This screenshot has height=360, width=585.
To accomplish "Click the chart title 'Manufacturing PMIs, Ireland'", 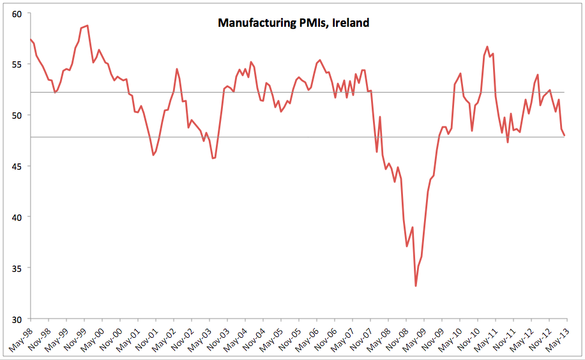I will pyautogui.click(x=293, y=23).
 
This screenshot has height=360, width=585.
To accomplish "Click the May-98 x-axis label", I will pyautogui.click(x=20, y=338).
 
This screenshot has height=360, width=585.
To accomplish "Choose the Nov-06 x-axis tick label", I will pyautogui.click(x=326, y=338).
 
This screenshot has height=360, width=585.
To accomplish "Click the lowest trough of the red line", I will pyautogui.click(x=416, y=285).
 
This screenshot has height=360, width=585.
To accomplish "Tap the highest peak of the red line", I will pyautogui.click(x=87, y=26).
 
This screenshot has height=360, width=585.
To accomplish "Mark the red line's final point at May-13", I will pyautogui.click(x=564, y=135).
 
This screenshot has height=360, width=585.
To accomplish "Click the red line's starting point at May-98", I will pyautogui.click(x=31, y=40).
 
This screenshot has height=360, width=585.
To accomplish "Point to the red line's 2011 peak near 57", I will pyautogui.click(x=487, y=47).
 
